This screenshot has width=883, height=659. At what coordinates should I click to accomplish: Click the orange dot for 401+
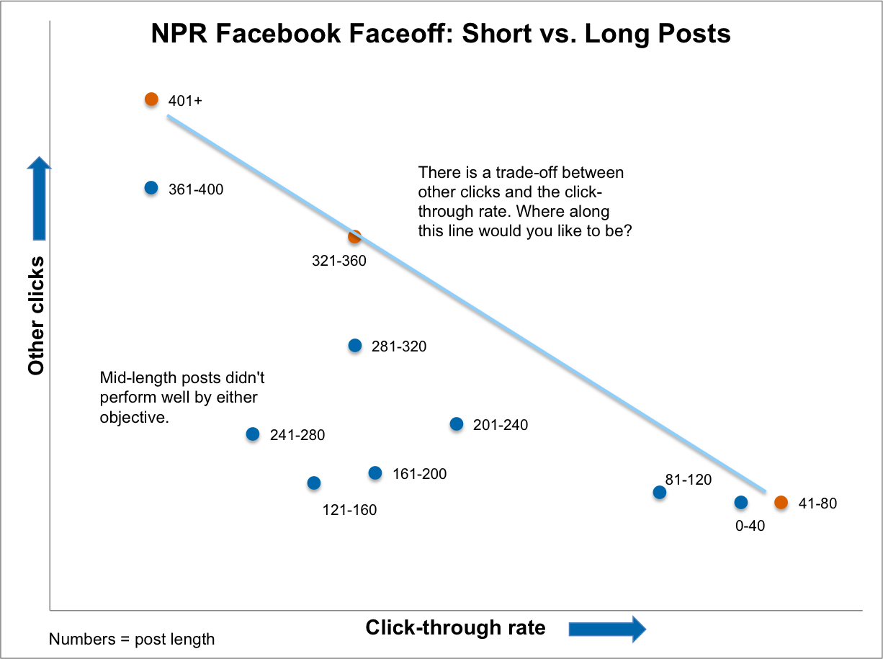[x=151, y=99]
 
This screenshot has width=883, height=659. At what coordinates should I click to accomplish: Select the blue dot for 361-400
[x=151, y=188]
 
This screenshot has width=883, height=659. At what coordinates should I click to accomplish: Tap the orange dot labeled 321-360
[x=354, y=236]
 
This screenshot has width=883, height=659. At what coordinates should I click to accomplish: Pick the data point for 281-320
[x=355, y=346]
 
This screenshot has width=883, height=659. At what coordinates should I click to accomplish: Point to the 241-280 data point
[x=253, y=434]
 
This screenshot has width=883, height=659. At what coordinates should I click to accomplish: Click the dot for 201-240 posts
[x=457, y=424]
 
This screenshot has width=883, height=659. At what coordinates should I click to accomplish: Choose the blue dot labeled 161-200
[x=375, y=473]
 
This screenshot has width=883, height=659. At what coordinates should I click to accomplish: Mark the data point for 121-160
[x=313, y=483]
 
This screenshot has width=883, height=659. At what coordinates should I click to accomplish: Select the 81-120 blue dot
[x=659, y=493]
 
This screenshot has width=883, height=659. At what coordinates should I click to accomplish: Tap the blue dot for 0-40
[x=741, y=503]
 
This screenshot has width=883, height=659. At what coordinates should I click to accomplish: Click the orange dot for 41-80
[x=781, y=503]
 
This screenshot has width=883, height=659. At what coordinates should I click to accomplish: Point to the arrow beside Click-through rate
[x=606, y=628]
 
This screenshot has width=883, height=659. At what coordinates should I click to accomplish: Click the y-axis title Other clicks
[x=37, y=315]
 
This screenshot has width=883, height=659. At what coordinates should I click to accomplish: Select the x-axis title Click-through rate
[x=455, y=627]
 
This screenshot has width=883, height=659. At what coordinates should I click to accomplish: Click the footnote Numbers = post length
[x=132, y=639]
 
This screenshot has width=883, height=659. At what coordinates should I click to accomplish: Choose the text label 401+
[x=185, y=101]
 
